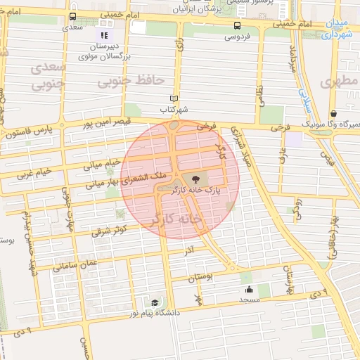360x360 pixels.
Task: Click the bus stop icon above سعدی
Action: click(73, 17)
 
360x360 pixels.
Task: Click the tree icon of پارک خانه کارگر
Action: click(195, 179)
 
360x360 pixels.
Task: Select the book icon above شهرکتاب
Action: click(175, 99)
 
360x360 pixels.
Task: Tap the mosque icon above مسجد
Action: click(248, 290)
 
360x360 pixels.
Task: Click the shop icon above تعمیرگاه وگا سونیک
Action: click(333, 113)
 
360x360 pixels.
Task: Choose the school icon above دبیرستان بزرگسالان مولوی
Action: click(104, 34)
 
